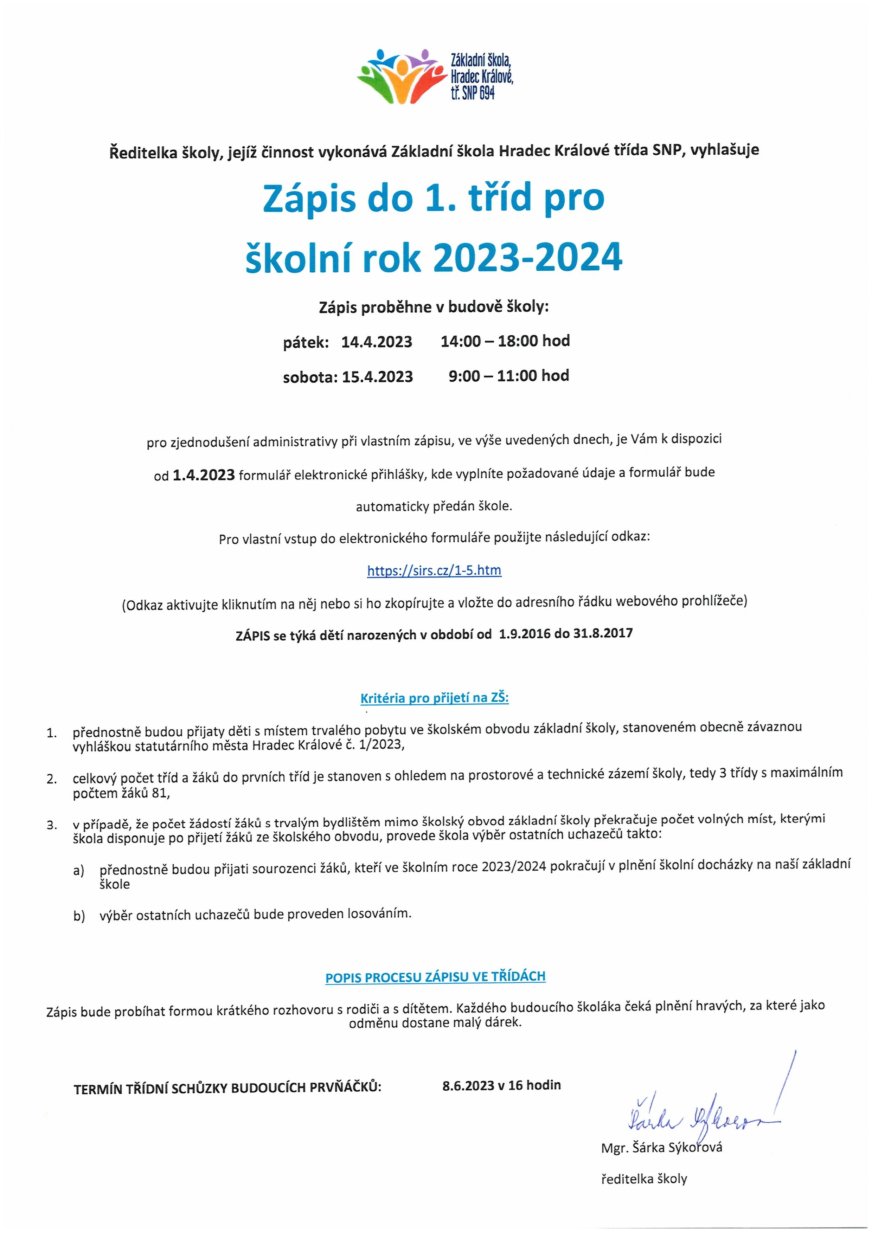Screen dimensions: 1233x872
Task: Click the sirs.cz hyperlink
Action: click(434, 570)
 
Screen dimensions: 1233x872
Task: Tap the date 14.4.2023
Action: click(377, 342)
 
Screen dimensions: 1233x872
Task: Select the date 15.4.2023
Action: click(377, 377)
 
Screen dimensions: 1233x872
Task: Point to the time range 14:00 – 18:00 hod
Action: click(505, 341)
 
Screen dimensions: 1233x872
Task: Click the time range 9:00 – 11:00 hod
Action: click(508, 376)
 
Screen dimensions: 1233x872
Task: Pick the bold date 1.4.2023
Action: click(204, 475)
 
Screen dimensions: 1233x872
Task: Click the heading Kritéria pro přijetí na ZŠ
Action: click(434, 698)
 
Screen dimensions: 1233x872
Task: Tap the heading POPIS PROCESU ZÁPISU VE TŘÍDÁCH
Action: click(435, 977)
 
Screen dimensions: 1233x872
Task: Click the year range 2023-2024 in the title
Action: click(528, 258)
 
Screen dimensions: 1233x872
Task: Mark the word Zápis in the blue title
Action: click(309, 199)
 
